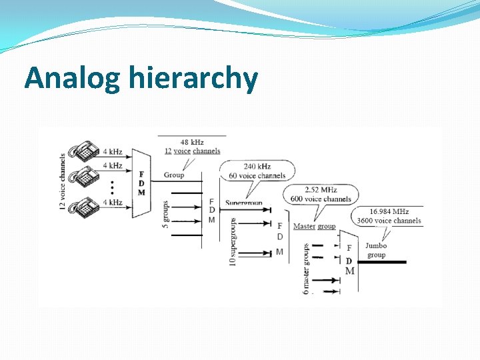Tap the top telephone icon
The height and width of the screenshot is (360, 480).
pyautogui.click(x=86, y=151)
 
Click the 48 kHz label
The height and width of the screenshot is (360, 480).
pyautogui.click(x=193, y=142)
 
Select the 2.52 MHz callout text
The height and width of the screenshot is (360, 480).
pyautogui.click(x=319, y=189)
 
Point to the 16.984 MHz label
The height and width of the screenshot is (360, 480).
pyautogui.click(x=388, y=211)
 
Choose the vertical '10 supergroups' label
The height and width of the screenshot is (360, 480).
pyautogui.click(x=233, y=242)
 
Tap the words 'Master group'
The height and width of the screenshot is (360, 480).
pyautogui.click(x=314, y=227)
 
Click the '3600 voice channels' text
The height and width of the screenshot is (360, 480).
pyautogui.click(x=389, y=221)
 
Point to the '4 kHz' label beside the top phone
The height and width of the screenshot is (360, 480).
pyautogui.click(x=112, y=151)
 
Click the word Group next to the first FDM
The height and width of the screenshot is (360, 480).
pyautogui.click(x=174, y=175)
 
